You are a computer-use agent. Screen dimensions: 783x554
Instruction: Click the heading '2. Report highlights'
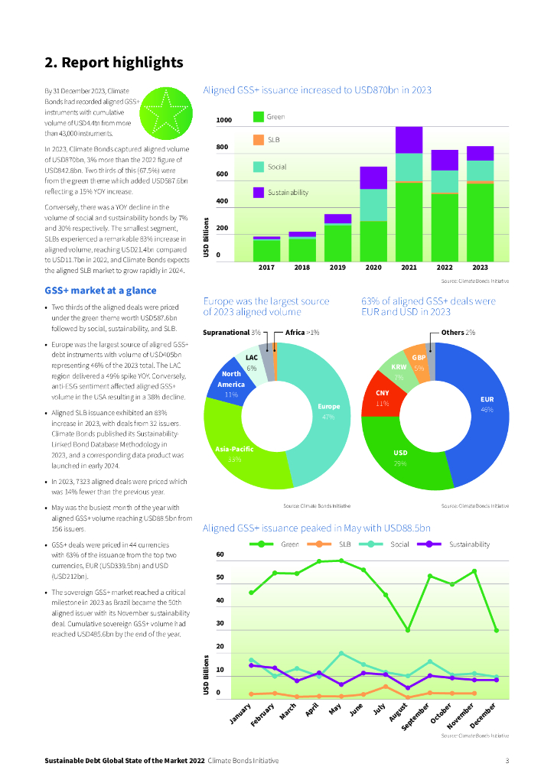113,62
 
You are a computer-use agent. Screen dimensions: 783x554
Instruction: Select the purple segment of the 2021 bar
409,140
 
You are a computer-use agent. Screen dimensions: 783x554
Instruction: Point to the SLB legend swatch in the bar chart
259,140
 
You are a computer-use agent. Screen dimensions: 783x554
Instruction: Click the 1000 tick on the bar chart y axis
224,121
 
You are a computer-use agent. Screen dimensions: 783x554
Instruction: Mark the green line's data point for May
341,560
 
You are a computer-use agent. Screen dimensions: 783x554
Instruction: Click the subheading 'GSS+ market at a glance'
100,291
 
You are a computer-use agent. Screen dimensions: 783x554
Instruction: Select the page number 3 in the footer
507,761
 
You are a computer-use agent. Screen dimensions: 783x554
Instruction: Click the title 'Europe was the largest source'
266,301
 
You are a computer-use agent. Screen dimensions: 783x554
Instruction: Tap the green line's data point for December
497,630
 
